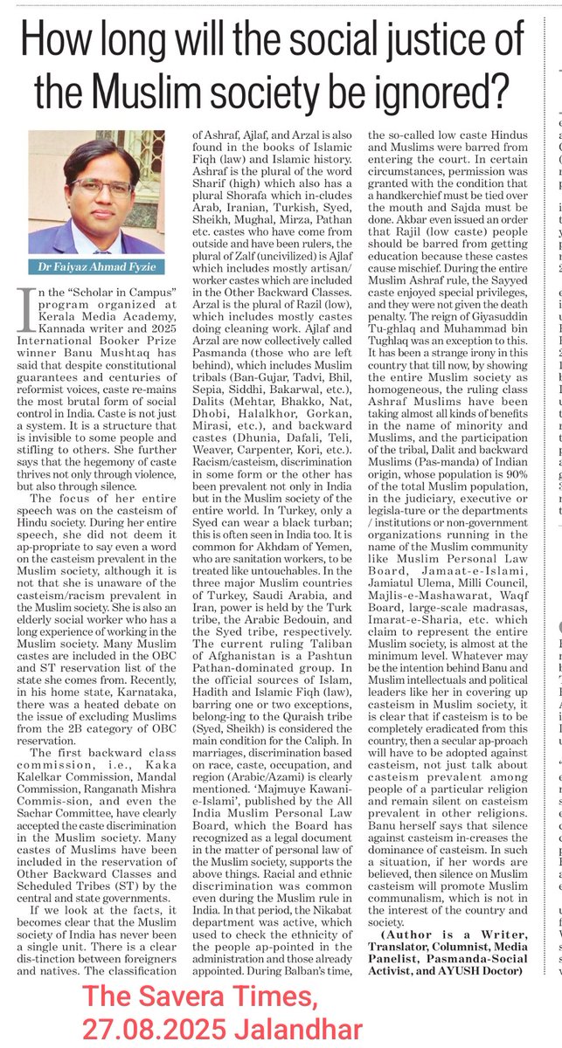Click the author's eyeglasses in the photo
[102, 186]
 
